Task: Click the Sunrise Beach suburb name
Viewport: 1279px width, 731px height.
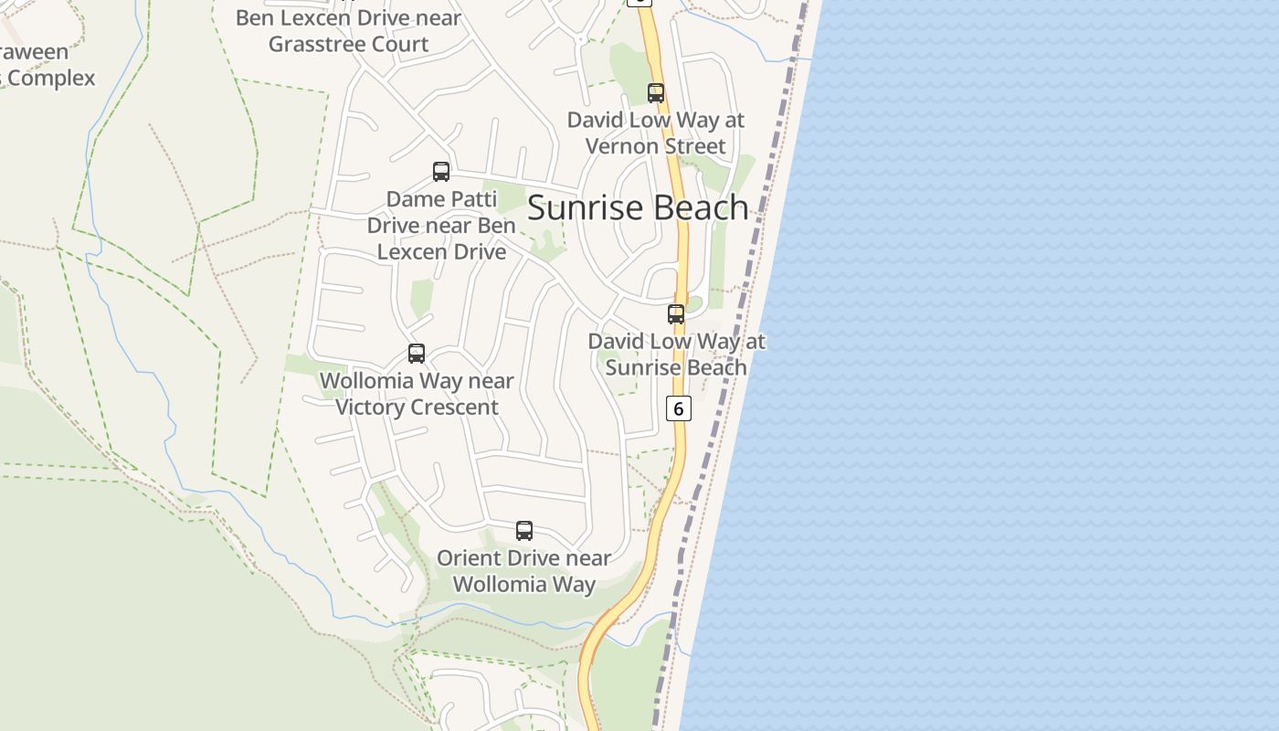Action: coord(638,208)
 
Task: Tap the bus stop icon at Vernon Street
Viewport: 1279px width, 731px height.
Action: coord(656,92)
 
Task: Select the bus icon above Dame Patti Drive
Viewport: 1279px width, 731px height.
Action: coord(441,172)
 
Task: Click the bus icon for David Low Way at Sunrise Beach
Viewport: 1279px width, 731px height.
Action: coord(676,314)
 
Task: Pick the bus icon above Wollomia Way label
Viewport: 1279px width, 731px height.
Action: coord(417,354)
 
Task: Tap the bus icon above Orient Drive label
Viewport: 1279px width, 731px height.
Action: coord(524,531)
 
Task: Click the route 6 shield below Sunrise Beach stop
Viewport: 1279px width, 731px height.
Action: coord(678,408)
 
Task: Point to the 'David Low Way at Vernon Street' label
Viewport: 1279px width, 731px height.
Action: coord(656,133)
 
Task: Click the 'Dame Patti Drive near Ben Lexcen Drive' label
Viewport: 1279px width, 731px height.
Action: coord(441,226)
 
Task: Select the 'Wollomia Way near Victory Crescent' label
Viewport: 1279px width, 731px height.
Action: coord(417,394)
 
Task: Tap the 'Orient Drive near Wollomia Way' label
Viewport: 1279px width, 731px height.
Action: coord(524,571)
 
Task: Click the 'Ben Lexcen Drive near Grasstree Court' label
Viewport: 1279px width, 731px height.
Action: coord(348,31)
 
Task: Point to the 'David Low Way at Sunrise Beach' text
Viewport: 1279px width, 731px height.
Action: coord(676,355)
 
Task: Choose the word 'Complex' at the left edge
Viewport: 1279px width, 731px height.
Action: coord(51,79)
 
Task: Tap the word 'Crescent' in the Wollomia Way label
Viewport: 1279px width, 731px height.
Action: coord(455,408)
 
